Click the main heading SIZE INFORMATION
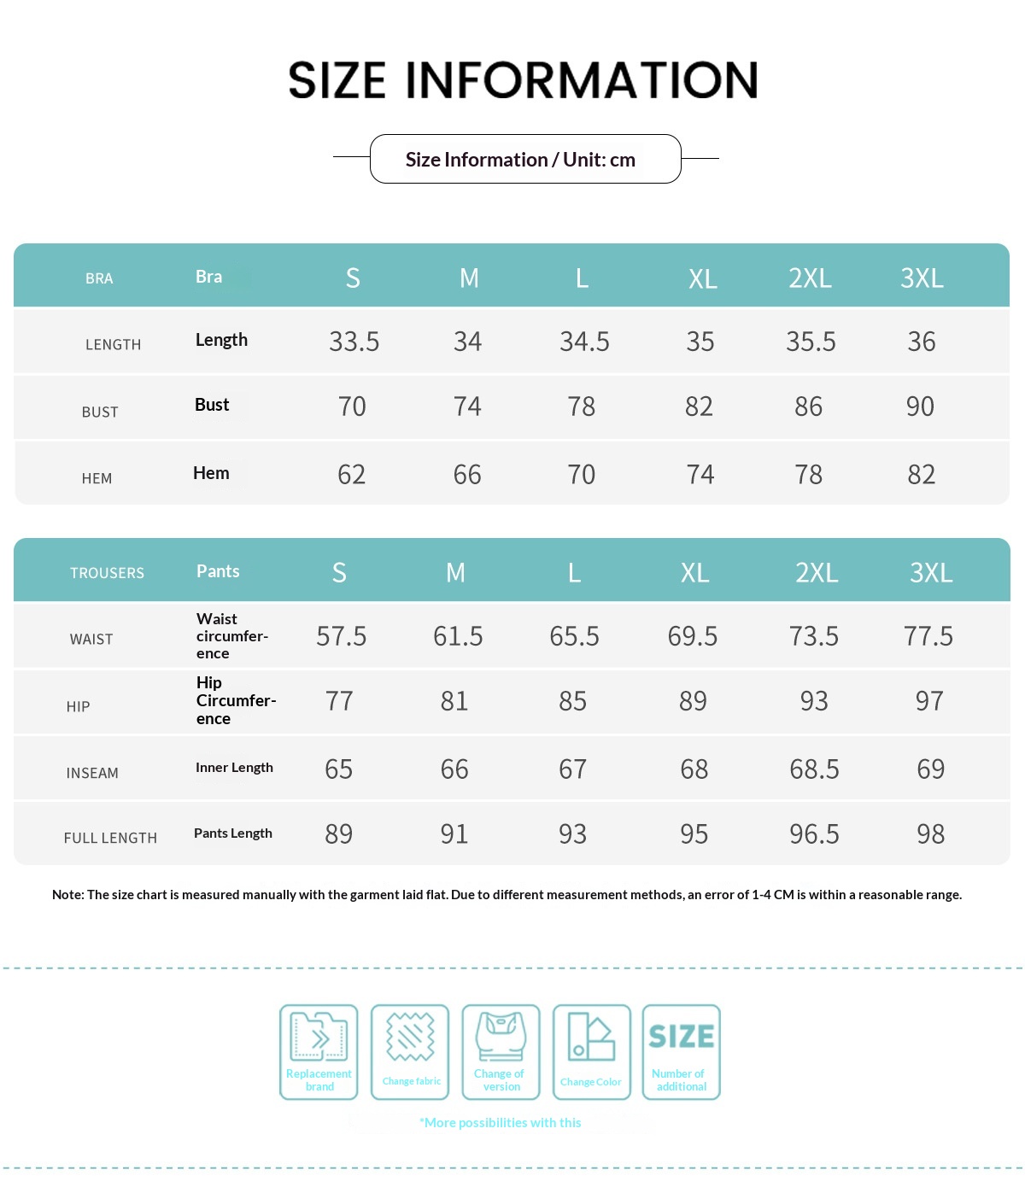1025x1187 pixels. [x=523, y=80]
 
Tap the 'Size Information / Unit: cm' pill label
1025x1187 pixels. [x=520, y=160]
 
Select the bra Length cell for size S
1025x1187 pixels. [x=354, y=342]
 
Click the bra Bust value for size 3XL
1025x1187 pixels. [x=920, y=406]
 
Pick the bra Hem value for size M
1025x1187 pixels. [x=467, y=475]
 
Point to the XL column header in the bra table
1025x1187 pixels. [x=702, y=278]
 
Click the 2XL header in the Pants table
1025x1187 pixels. [x=816, y=573]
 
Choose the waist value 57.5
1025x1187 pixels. [x=341, y=636]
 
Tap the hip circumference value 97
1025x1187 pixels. [x=929, y=701]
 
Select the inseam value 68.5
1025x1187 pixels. [x=814, y=769]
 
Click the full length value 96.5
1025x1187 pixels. [x=814, y=834]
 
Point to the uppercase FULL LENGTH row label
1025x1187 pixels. [x=110, y=839]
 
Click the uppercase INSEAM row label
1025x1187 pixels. [x=92, y=774]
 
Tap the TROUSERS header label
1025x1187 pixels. [x=107, y=573]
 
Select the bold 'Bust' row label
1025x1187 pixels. [x=212, y=405]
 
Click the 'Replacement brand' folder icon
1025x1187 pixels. [x=319, y=1038]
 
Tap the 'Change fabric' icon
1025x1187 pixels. [x=410, y=1038]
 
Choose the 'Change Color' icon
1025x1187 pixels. [x=591, y=1038]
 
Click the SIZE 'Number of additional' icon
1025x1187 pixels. [x=681, y=1038]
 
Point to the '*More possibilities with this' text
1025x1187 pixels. [x=500, y=1123]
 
